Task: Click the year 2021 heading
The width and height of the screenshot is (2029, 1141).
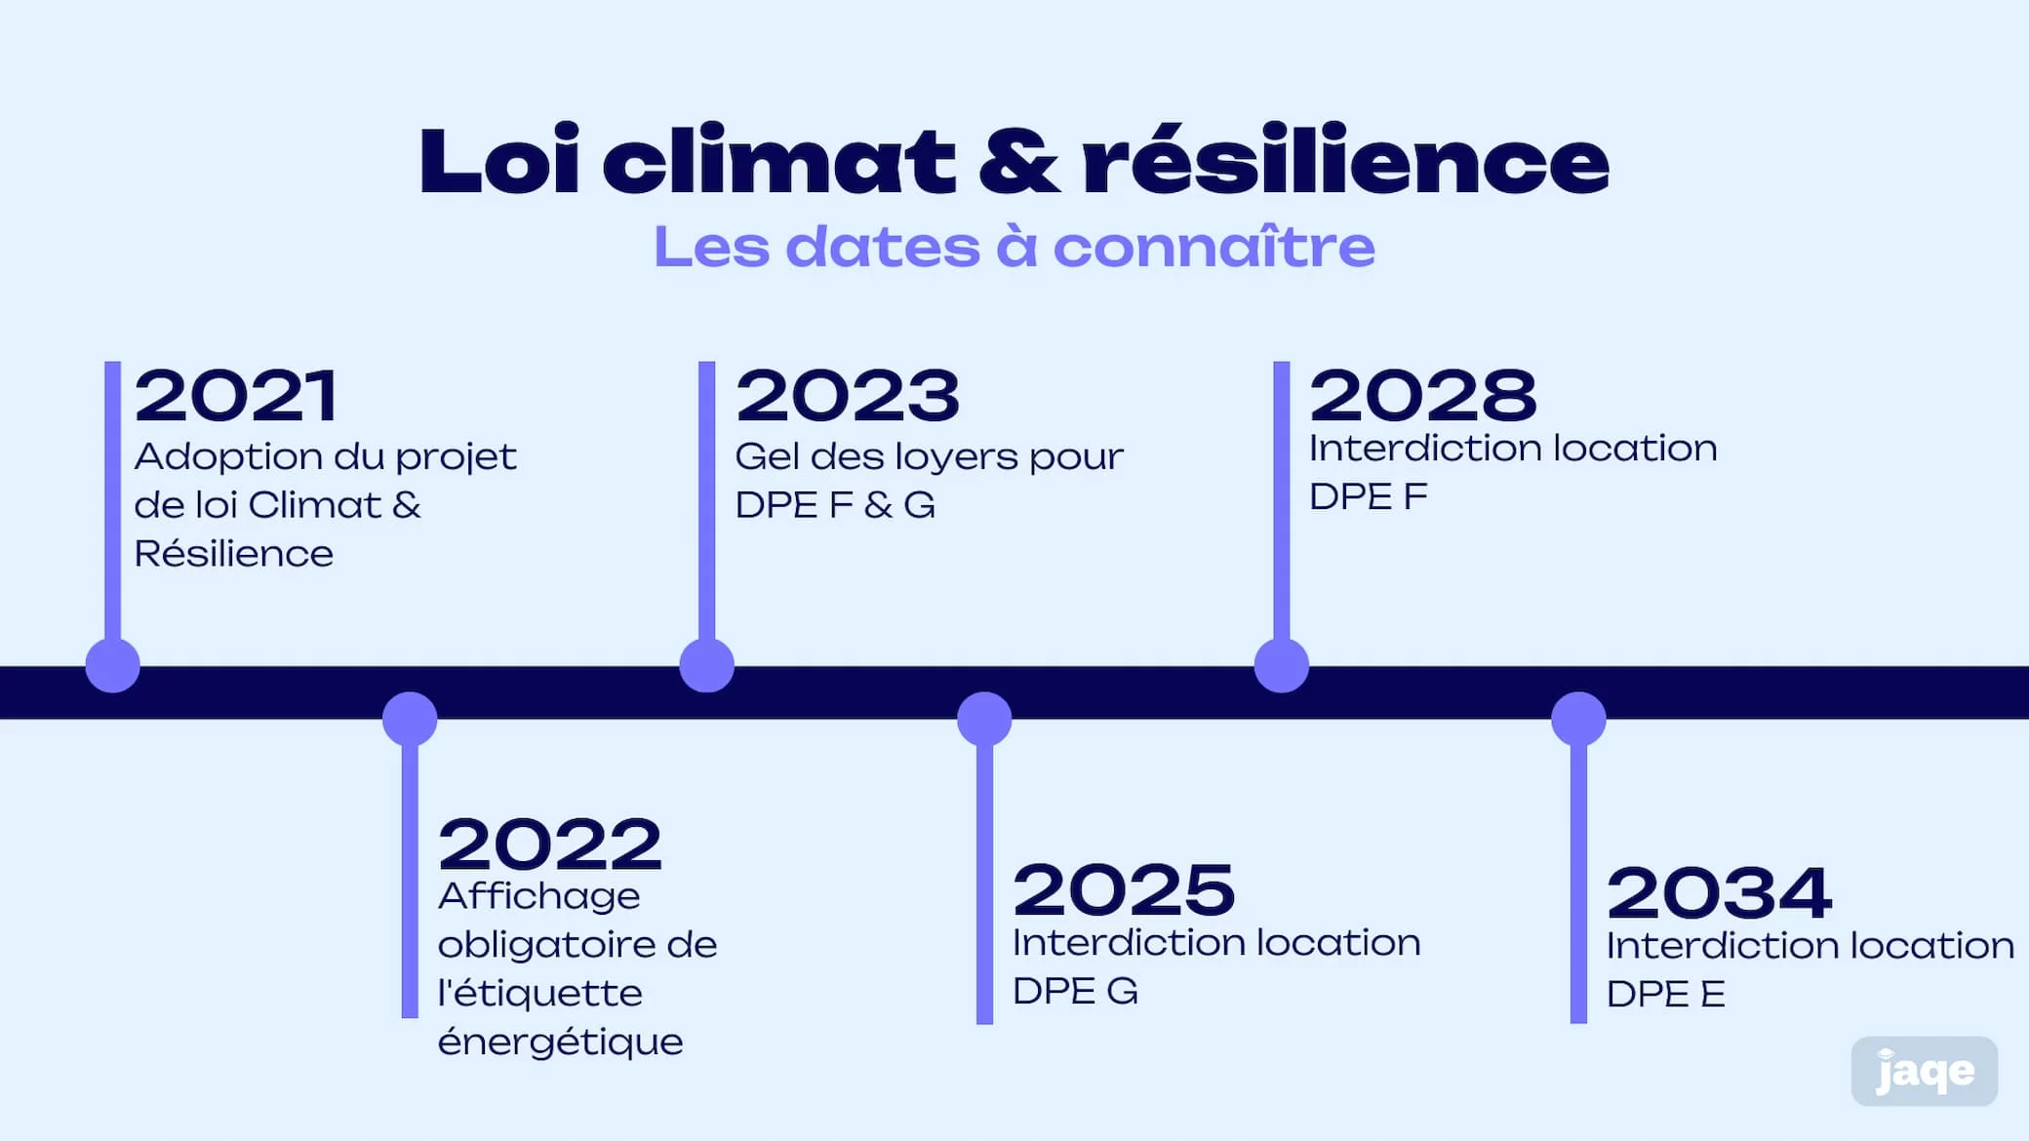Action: (236, 396)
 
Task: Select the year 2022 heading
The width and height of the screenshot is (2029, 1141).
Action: (550, 845)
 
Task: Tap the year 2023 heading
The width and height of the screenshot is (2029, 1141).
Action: (848, 396)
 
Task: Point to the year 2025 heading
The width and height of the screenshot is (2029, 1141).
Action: (1124, 889)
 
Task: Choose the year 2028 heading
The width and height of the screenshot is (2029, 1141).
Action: (1422, 395)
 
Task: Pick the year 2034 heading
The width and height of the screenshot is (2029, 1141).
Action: (1719, 892)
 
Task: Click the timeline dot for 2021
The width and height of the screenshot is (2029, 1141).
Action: (113, 665)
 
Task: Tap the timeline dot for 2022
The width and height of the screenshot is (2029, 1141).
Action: (410, 719)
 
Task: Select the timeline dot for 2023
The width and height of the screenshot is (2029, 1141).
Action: (706, 665)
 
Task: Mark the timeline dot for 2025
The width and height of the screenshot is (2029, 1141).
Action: (984, 719)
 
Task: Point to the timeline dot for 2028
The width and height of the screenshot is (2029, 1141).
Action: (1281, 665)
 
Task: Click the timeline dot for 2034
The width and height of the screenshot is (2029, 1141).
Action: (1578, 719)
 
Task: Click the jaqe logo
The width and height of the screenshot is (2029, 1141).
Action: (1924, 1072)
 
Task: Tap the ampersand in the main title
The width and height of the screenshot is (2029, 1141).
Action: (1018, 161)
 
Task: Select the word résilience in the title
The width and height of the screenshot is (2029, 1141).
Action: (1345, 161)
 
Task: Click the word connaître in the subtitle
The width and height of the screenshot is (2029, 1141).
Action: (1213, 246)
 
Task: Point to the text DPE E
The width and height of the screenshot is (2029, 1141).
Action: (1665, 995)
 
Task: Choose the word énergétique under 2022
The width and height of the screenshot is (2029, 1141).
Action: (560, 1043)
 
